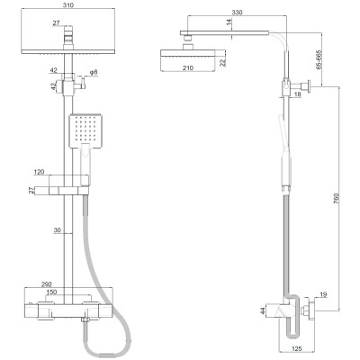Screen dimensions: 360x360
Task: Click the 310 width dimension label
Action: pos(68,4)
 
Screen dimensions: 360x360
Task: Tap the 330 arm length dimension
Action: pos(237,13)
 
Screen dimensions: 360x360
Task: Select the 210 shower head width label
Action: pos(188,68)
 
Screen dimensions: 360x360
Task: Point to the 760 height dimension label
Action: pos(337,199)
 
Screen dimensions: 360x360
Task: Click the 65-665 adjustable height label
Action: pos(319,60)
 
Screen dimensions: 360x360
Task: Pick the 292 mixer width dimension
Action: pos(47,283)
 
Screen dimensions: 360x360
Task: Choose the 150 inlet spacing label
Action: pos(50,292)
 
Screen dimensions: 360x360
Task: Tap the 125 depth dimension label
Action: pos(296,349)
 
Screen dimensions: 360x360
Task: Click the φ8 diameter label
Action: pos(94,72)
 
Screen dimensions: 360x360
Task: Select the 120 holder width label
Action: pos(40,172)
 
